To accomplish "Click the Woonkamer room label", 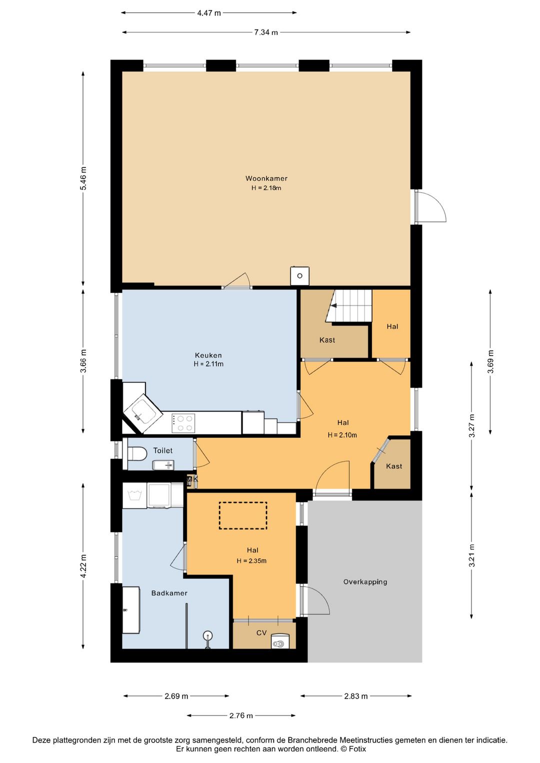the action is point(266,178).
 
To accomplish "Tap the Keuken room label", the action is point(208,355).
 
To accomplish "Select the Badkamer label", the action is point(169,593).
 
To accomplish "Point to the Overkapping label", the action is point(365,582).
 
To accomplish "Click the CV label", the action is point(261,633).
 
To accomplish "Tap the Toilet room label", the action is point(163,450).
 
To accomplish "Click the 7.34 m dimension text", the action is point(266,32).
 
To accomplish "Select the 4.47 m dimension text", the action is point(209,13).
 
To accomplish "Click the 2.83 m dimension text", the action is point(355,696).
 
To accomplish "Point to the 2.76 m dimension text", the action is point(241,715).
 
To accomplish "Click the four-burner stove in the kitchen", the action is point(183,423).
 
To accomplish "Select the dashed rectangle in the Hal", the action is point(243,515).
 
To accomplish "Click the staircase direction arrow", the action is point(334,305).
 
